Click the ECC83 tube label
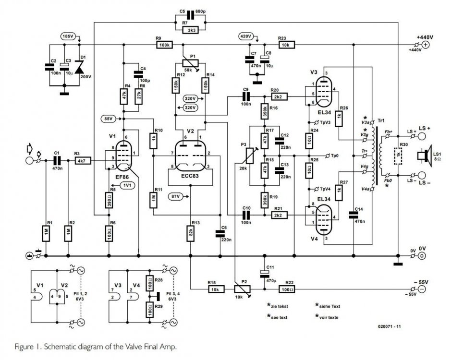point(191,176)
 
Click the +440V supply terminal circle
point(425,45)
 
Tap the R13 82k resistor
point(191,234)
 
